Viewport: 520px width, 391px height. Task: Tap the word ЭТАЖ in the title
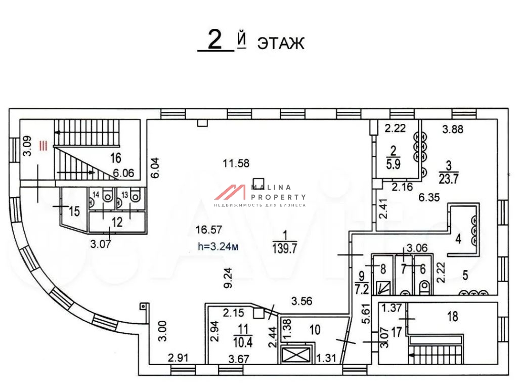tap(281, 44)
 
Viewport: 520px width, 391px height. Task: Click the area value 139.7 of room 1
tap(285, 248)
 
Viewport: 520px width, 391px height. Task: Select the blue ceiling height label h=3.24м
tap(218, 247)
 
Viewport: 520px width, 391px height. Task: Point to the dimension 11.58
tap(236, 163)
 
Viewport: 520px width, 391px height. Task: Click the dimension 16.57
tap(209, 230)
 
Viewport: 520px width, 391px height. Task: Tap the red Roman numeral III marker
tap(44, 146)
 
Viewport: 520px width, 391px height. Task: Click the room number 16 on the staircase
tap(116, 158)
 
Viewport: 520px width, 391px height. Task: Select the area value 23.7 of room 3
tap(449, 179)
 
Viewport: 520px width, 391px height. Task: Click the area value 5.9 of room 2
tap(394, 164)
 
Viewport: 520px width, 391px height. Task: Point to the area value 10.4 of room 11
tap(243, 342)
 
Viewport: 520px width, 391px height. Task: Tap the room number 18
tap(453, 316)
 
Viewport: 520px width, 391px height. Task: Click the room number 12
tap(117, 222)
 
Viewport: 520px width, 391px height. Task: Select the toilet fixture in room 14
tap(107, 197)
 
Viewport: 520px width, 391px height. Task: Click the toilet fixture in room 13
tap(135, 197)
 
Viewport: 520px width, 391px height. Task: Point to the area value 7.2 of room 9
tap(362, 289)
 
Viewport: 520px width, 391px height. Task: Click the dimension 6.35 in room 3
tap(429, 197)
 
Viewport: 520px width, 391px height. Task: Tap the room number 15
tap(74, 211)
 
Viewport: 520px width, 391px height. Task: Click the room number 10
tap(315, 330)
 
